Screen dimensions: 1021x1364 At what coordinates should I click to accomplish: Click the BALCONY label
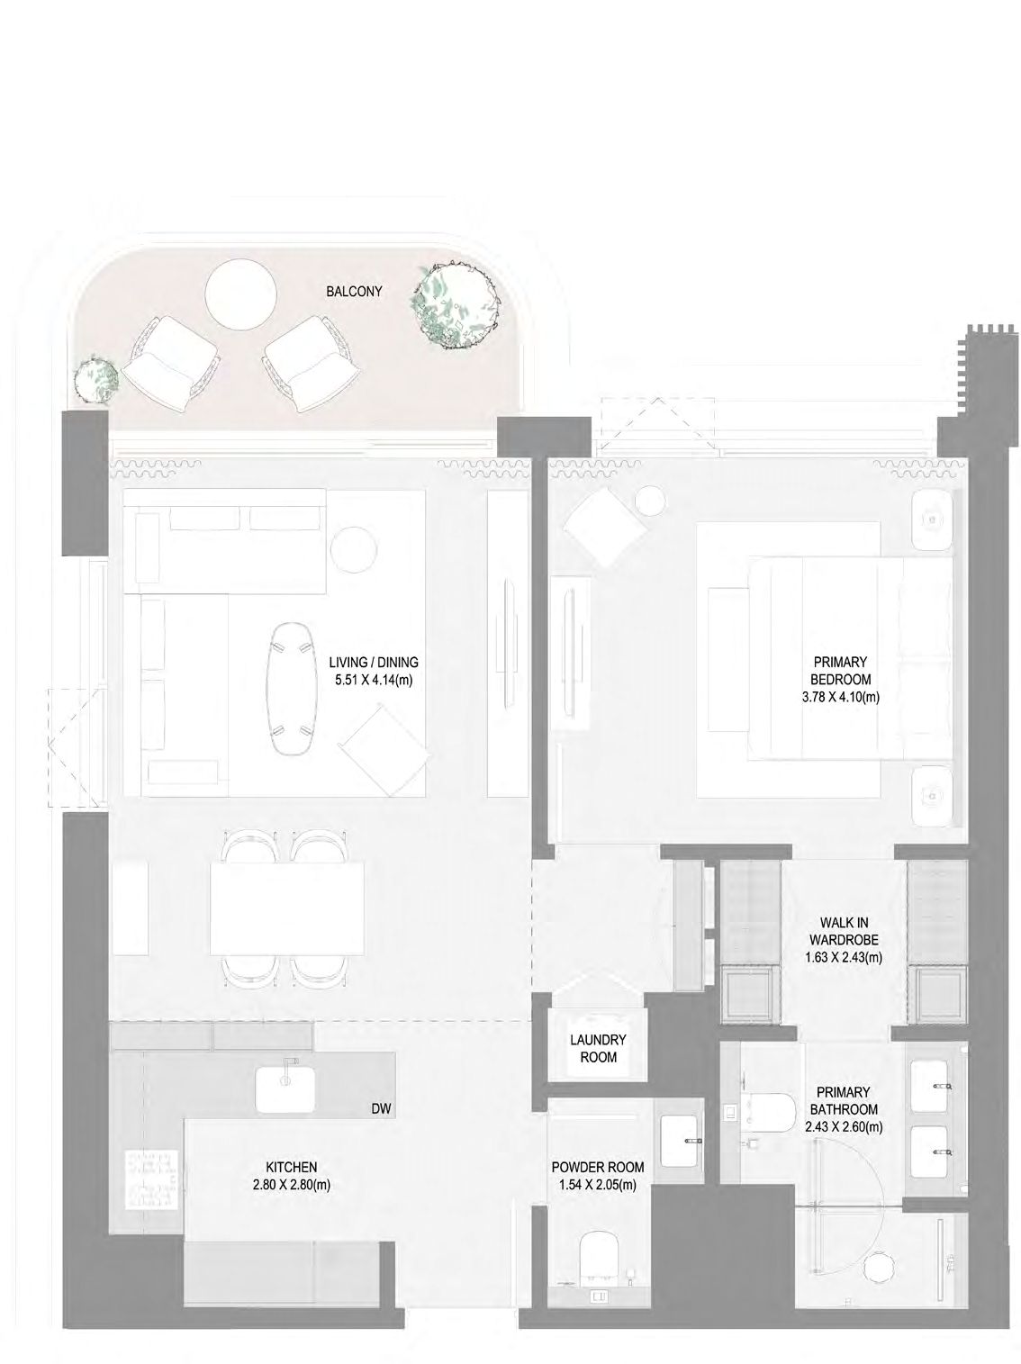click(x=354, y=291)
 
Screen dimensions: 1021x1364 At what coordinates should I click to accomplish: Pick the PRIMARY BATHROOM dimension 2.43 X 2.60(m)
click(x=844, y=1126)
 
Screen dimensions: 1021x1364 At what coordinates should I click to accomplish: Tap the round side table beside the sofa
click(x=354, y=548)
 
